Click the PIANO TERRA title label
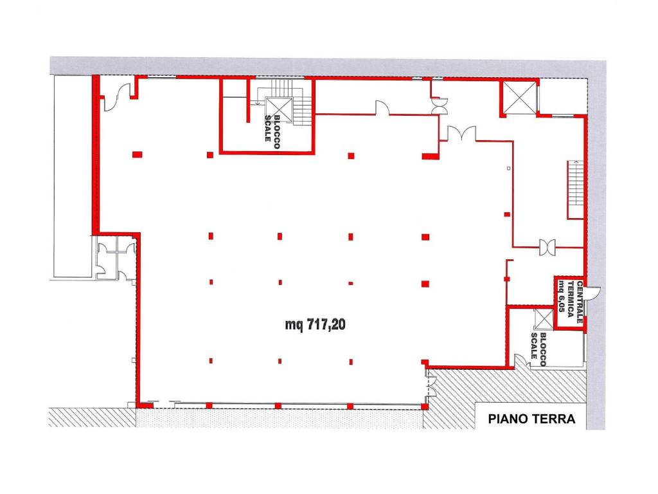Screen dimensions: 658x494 tap(531, 419)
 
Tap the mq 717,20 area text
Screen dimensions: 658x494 tap(315, 324)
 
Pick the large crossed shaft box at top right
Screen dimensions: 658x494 tap(520, 98)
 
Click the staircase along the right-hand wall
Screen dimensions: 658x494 tap(575, 189)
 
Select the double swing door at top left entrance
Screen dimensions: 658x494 tap(117, 96)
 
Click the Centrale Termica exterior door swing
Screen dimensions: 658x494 tap(593, 293)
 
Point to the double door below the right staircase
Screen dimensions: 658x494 tap(547, 247)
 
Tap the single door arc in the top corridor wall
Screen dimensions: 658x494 tap(382, 107)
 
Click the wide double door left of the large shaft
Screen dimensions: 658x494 tap(461, 133)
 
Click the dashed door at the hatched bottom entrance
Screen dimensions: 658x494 tap(432, 386)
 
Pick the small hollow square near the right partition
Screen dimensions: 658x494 tap(509, 169)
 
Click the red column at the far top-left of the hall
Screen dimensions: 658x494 tap(138, 154)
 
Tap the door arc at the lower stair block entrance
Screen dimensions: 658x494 tap(520, 361)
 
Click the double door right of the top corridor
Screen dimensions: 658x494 tap(440, 105)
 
